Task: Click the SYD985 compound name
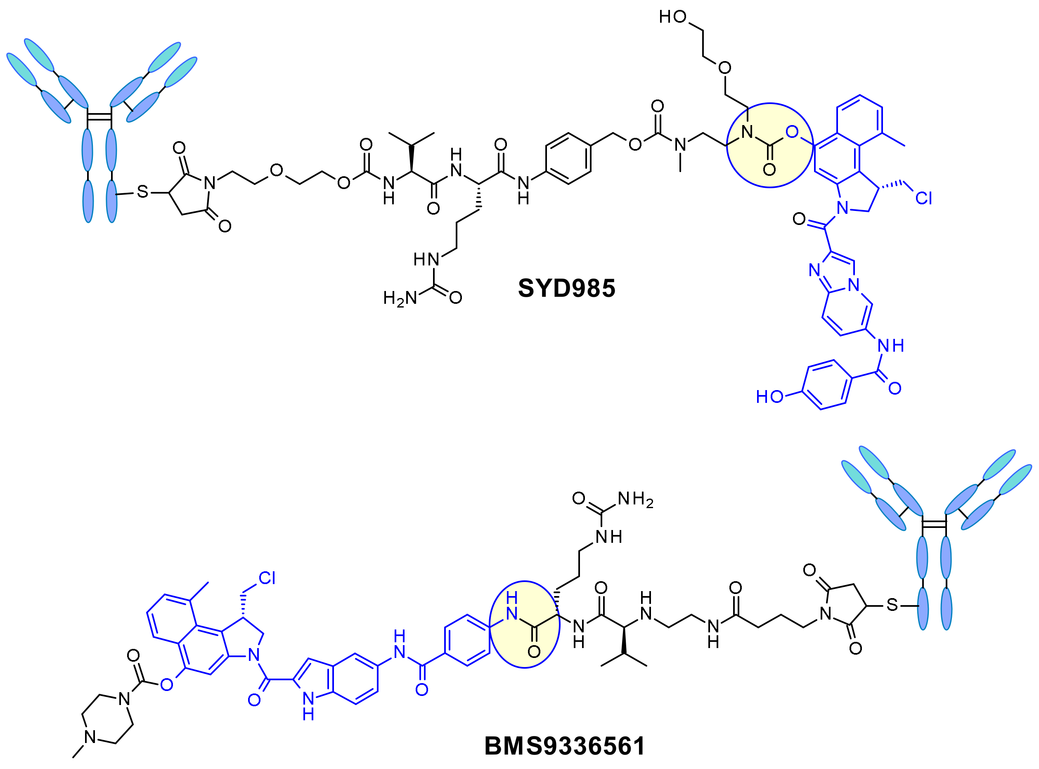[x=566, y=288]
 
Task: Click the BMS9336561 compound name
[x=564, y=746]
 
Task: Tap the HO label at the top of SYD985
[x=673, y=17]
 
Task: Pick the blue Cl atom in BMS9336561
[x=267, y=578]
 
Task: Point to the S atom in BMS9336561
[x=892, y=605]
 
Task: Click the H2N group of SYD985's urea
[x=400, y=298]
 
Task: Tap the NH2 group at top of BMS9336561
[x=635, y=499]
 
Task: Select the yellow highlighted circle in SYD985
[x=770, y=145]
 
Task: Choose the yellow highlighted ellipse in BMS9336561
[x=524, y=625]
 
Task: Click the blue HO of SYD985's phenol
[x=769, y=397]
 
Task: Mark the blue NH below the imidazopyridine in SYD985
[x=890, y=345]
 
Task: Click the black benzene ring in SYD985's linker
[x=568, y=159]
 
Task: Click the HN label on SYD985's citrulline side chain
[x=426, y=259]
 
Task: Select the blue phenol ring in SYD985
[x=827, y=385]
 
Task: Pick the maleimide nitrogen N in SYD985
[x=210, y=183]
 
